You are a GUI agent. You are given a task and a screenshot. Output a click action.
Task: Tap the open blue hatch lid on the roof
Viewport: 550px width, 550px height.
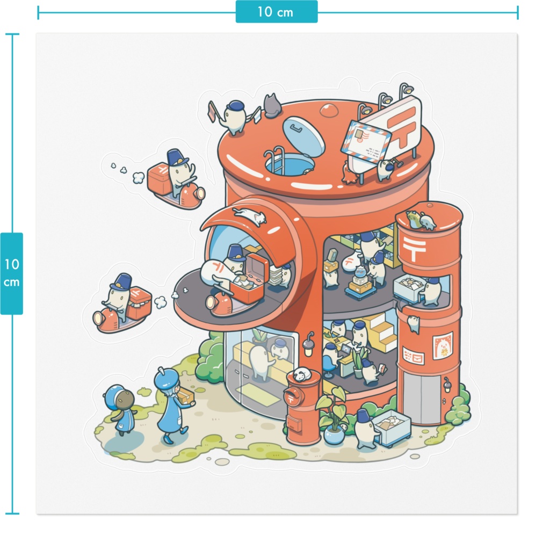click(x=303, y=136)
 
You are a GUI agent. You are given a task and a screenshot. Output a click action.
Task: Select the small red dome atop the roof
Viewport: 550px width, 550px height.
click(x=329, y=111)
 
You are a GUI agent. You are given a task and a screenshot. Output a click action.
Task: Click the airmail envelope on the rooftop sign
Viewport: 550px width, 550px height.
click(x=366, y=142)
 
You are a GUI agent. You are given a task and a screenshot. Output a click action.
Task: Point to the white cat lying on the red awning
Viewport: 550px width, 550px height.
click(x=250, y=215)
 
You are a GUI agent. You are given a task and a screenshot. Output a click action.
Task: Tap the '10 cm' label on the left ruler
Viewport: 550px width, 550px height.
click(x=12, y=273)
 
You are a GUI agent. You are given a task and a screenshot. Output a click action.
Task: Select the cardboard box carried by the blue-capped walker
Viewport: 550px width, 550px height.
click(x=185, y=396)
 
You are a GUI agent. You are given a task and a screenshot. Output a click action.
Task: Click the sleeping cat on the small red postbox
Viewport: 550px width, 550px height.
click(x=302, y=374)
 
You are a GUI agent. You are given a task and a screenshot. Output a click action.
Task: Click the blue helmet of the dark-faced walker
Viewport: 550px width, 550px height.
click(x=114, y=396)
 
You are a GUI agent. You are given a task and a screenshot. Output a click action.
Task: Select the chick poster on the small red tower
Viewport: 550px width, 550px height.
click(x=443, y=346)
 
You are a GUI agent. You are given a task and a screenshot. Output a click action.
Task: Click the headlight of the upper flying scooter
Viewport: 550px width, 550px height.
click(x=200, y=193)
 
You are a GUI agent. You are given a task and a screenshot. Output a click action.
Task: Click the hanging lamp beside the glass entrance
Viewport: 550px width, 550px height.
click(x=309, y=345)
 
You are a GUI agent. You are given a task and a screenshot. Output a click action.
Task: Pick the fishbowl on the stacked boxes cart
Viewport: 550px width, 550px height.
click(x=360, y=271)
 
